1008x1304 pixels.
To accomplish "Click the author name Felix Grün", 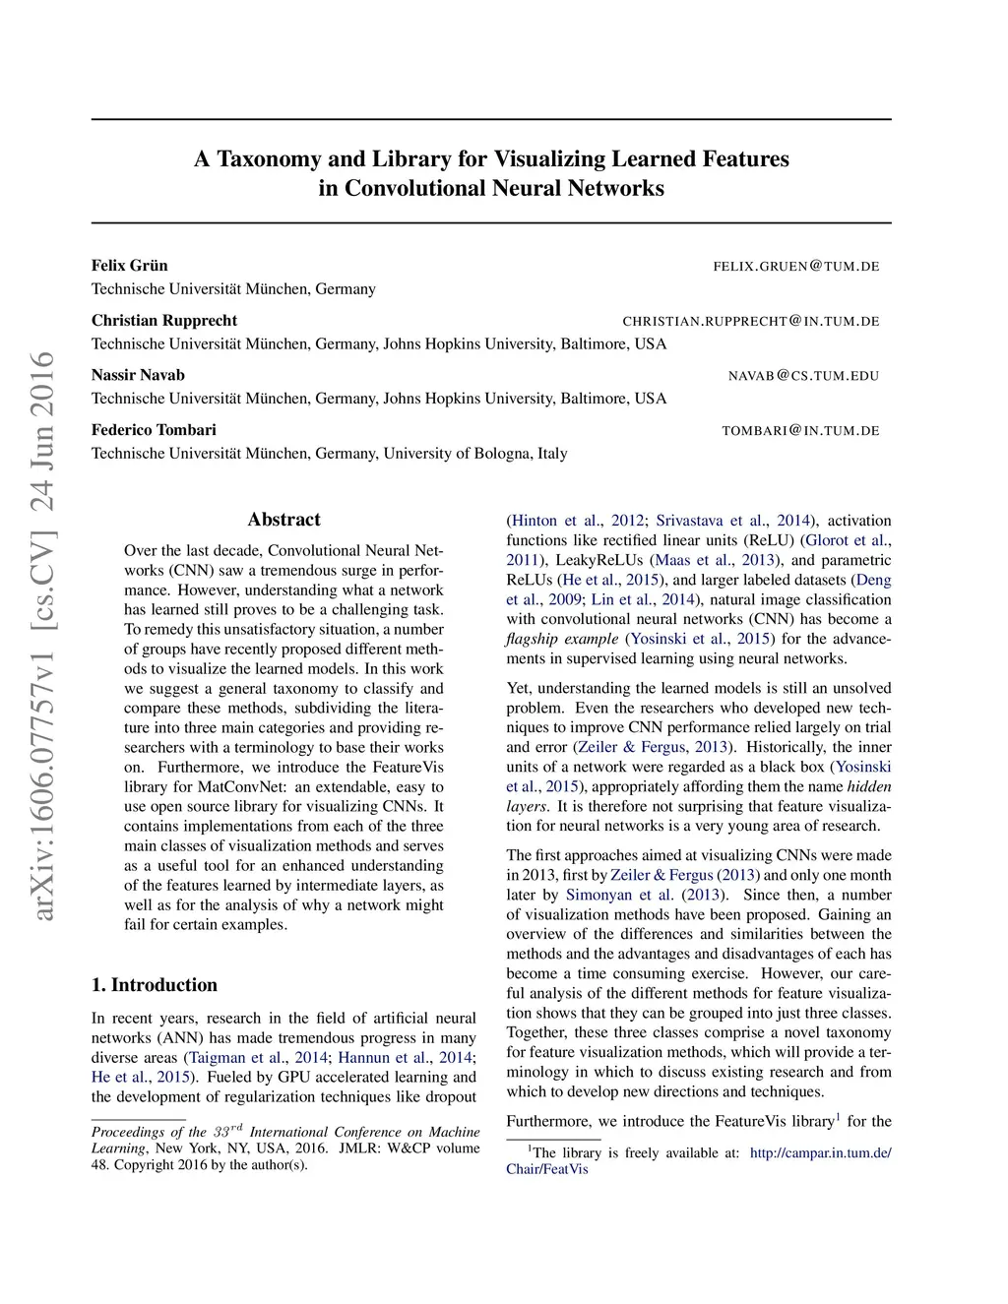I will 129,266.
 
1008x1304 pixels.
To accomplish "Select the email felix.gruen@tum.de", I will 795,267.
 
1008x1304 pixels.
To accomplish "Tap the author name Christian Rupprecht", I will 164,321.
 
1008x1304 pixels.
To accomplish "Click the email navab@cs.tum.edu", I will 803,376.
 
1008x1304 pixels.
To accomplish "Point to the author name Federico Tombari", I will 154,430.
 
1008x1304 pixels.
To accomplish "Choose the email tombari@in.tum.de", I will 800,431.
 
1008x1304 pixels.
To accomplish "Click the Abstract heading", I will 283,520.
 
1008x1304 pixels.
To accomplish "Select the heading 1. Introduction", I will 155,985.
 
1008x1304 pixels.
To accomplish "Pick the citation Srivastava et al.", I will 711,521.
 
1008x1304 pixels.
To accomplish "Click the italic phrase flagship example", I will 561,639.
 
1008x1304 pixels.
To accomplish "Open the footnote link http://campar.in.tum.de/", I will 820,1153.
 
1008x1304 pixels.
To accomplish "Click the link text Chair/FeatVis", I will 547,1169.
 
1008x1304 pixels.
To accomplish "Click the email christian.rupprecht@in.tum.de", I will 750,322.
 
